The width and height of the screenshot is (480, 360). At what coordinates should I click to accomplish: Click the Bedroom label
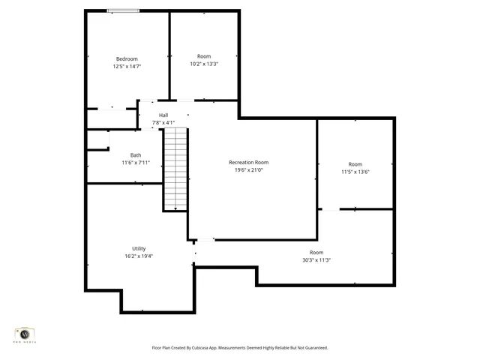point(127,59)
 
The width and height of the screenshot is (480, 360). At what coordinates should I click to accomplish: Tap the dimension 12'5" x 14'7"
point(127,67)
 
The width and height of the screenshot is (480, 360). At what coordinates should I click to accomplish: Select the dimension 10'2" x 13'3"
point(204,64)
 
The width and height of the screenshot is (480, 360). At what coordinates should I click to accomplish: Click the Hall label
point(163,115)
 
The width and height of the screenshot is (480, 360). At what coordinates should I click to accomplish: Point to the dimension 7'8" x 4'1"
point(163,122)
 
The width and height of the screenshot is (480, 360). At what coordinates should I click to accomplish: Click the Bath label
point(136,155)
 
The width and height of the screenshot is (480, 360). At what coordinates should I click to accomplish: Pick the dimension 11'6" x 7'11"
point(136,163)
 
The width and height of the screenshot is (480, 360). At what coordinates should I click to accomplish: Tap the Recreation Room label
point(248,162)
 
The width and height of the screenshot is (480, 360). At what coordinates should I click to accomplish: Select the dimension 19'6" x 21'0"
point(248,169)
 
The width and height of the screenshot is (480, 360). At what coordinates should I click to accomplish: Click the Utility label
point(139,248)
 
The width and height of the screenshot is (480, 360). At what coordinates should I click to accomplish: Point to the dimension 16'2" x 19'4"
point(139,256)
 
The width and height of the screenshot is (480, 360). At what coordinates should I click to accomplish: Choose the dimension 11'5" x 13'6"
point(355,172)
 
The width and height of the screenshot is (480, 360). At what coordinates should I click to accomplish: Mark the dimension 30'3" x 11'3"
point(316,260)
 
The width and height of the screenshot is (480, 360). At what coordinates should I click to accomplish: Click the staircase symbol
point(175,169)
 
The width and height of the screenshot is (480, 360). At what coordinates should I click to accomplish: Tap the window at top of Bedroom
point(122,10)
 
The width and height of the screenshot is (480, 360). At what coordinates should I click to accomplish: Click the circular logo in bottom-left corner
point(25,334)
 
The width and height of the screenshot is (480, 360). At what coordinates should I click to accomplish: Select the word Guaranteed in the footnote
point(313,348)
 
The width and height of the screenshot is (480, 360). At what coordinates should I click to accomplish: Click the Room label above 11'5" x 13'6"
point(355,164)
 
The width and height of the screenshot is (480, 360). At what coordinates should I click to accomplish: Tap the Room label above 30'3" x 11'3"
point(316,253)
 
